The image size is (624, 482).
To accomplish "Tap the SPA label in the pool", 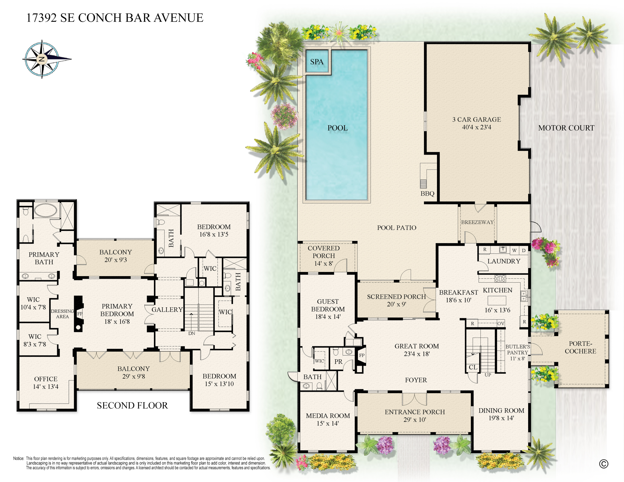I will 317,62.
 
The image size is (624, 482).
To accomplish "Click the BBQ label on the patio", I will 427,194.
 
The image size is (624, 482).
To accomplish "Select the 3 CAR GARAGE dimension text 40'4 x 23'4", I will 476,127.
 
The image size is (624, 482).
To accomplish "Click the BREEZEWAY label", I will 477,222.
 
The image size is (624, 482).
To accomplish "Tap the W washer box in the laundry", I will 514,250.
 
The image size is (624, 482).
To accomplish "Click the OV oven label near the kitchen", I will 501,324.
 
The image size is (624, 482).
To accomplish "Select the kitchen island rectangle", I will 496,300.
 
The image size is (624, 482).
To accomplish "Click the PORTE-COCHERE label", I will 580,347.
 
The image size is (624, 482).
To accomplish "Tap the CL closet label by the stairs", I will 473,367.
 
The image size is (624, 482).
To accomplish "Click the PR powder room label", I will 338,361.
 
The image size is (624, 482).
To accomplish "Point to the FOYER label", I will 416,380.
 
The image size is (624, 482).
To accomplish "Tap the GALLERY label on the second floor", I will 167,310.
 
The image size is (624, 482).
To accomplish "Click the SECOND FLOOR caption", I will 132,405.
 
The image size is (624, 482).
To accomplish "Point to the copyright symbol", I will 603,464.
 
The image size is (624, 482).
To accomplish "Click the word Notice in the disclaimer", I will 19,458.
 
